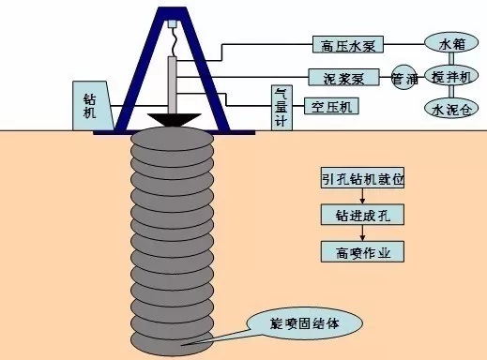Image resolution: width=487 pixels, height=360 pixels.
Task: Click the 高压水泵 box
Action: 349,44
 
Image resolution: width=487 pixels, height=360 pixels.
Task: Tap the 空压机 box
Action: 330,106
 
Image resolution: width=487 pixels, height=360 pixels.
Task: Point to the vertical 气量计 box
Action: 280,110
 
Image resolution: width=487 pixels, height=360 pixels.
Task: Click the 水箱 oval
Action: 446,43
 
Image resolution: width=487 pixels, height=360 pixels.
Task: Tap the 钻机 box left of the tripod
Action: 89,105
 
